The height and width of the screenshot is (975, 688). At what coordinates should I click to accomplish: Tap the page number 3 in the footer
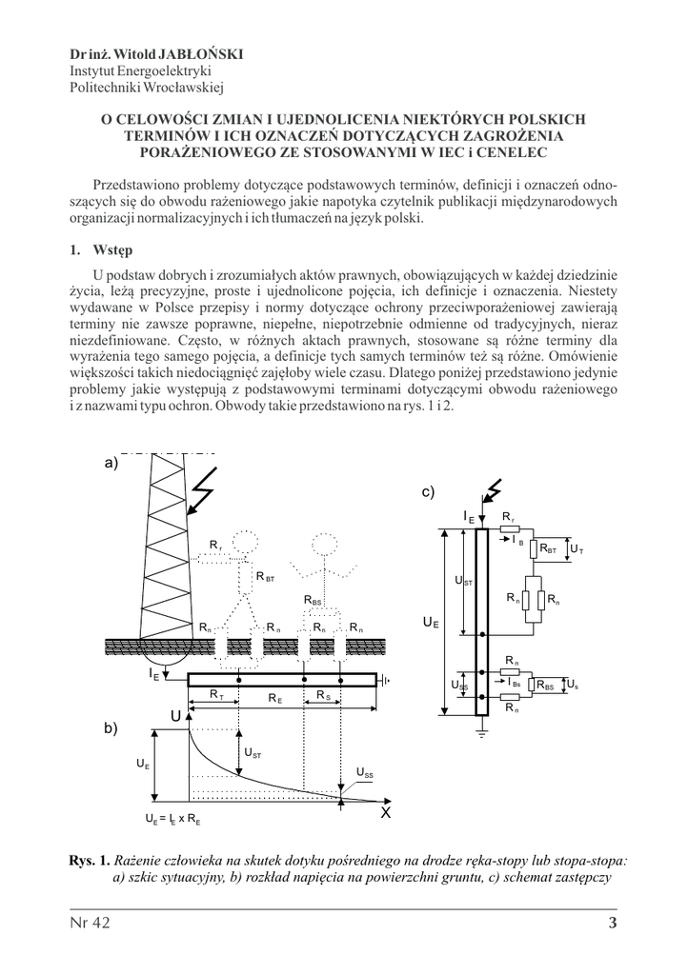click(x=613, y=922)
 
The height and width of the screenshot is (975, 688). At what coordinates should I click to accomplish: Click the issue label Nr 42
click(x=91, y=922)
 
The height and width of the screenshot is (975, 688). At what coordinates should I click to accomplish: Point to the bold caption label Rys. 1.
click(x=91, y=860)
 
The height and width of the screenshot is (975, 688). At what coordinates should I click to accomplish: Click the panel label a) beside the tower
click(x=111, y=464)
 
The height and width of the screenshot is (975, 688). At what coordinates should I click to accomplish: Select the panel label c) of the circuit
click(x=429, y=491)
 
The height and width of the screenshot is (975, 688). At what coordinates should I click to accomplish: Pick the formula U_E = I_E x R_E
click(x=172, y=818)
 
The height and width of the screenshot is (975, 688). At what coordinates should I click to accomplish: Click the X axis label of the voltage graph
click(x=386, y=813)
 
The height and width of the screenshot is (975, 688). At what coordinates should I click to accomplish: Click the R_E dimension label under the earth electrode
click(x=274, y=698)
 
